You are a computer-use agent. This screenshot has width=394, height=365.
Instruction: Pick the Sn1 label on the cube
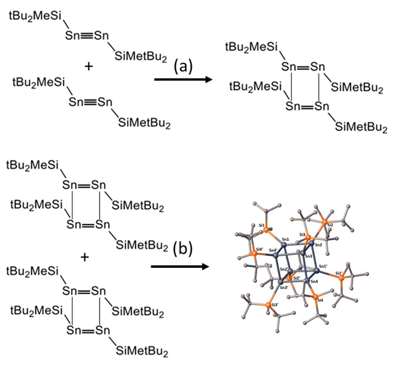[x=286, y=239]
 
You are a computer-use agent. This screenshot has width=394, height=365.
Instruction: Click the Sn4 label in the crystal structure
[x=314, y=281]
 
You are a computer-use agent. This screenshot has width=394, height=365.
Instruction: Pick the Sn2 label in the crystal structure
[x=318, y=245]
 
